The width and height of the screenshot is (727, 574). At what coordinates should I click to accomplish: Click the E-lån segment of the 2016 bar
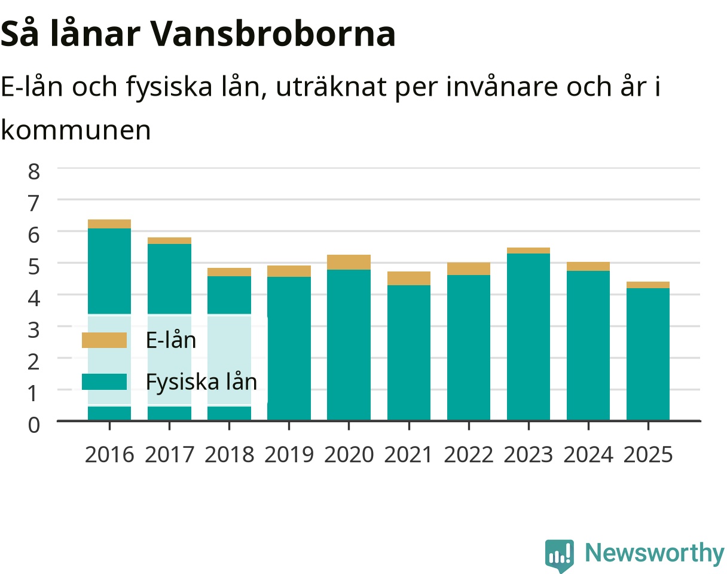[109, 224]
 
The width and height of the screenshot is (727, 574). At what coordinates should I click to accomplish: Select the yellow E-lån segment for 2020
[349, 262]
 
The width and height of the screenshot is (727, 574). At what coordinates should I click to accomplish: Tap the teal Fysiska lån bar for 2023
[529, 337]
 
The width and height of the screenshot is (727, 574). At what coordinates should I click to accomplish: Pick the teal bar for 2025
[648, 355]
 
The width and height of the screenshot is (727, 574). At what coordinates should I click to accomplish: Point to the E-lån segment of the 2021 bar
[409, 279]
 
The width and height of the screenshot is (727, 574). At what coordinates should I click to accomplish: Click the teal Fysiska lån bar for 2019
[289, 349]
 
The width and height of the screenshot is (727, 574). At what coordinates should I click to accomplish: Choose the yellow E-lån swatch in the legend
[105, 340]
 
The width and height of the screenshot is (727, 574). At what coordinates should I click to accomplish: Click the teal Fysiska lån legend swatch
[105, 381]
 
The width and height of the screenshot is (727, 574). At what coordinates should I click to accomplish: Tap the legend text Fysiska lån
[201, 382]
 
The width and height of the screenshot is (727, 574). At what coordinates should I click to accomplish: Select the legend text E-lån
[171, 340]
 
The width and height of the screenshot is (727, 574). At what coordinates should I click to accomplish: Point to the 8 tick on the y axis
[34, 172]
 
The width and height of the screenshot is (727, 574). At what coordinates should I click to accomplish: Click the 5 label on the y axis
[34, 267]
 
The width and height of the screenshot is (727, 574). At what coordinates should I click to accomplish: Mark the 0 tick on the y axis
[34, 425]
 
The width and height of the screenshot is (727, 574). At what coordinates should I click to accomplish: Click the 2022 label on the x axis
[469, 455]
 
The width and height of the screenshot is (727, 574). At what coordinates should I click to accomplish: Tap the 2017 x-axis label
[169, 455]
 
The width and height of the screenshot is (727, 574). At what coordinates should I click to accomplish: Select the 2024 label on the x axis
[588, 455]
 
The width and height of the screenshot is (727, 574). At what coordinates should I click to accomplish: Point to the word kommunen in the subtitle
[76, 130]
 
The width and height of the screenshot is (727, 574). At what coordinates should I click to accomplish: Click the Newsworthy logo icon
[560, 555]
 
